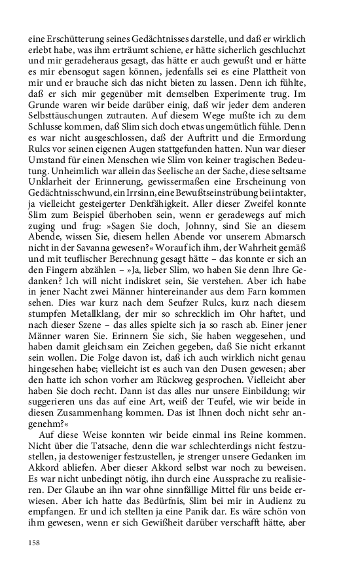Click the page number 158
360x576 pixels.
pyautogui.click(x=34, y=543)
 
